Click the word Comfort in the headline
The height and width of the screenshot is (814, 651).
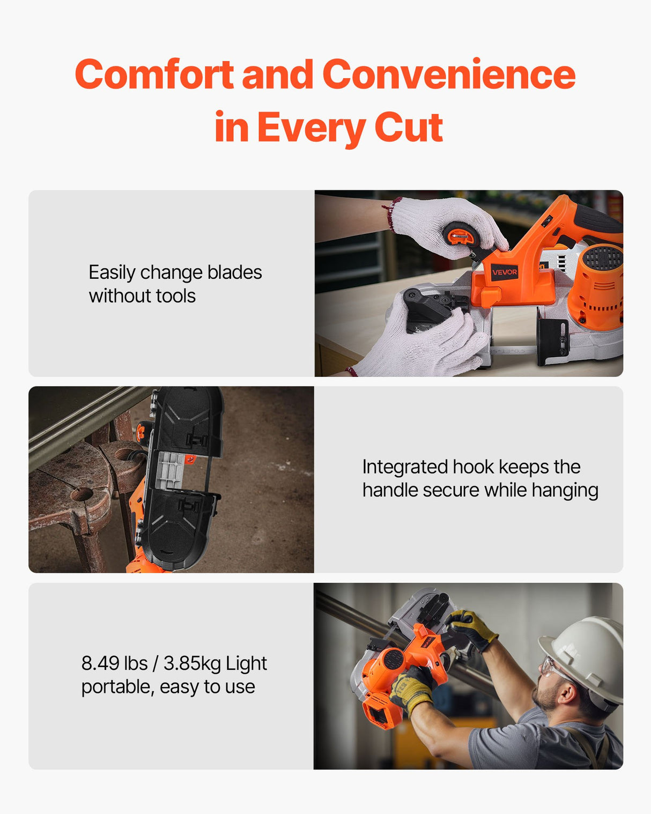[154, 75]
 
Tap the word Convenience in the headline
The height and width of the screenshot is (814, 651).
[448, 75]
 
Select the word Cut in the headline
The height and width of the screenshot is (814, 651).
[408, 128]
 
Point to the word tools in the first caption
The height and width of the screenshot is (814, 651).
[175, 296]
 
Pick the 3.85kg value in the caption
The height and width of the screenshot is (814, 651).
[192, 664]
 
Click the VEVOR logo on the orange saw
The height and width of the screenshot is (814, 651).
[504, 272]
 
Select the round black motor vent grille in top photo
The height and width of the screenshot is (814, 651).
[602, 258]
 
